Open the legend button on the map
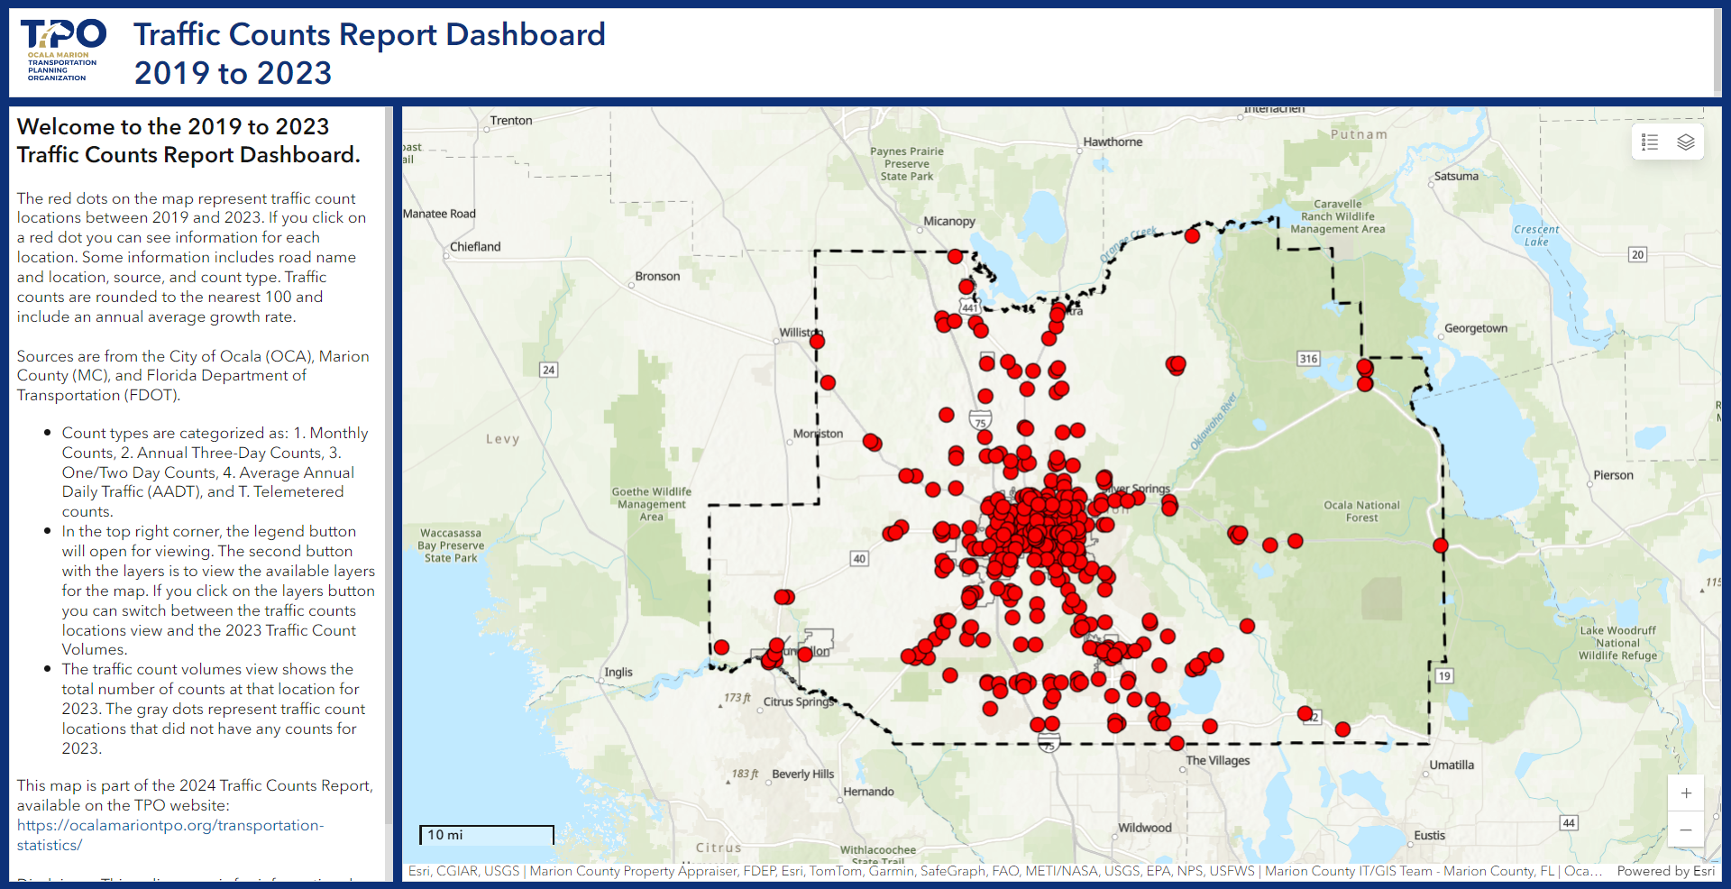pos(1650,142)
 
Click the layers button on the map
pos(1685,142)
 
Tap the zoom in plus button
pos(1685,793)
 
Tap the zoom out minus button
pos(1685,829)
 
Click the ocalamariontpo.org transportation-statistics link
pos(170,835)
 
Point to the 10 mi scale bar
pos(487,836)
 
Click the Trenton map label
pos(511,121)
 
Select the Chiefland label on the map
pos(475,247)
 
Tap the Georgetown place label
pos(1476,328)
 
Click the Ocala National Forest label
pos(1361,511)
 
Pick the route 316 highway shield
pos(1308,359)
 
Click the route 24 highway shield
pos(548,370)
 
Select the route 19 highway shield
pos(1444,676)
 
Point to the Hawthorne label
pos(1113,142)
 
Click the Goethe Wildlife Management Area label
pos(651,504)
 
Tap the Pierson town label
pos(1613,475)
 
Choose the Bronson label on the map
pos(657,277)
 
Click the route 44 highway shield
pos(1569,823)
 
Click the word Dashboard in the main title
pos(526,34)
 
